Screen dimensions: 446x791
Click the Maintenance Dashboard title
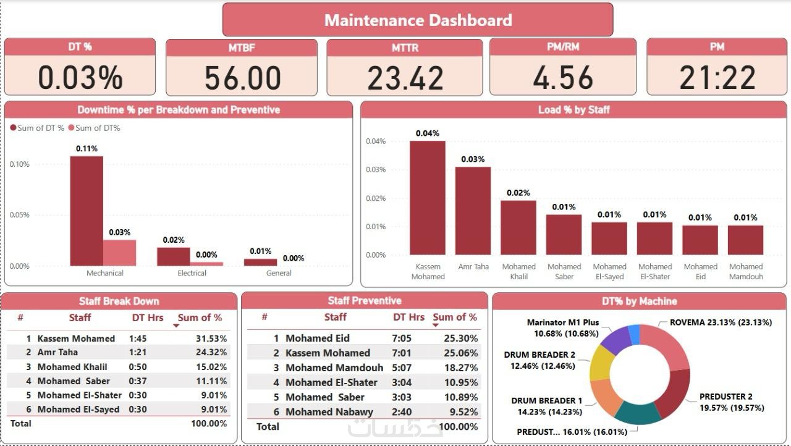point(418,20)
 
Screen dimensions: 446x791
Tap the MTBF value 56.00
point(243,78)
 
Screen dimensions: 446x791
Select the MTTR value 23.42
point(405,78)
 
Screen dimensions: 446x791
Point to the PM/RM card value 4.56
point(563,78)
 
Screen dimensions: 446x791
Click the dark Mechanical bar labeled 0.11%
point(87,210)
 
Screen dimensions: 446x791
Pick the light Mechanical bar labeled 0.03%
point(119,253)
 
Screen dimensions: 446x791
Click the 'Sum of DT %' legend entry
point(38,128)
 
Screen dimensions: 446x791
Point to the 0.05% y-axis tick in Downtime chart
point(19,215)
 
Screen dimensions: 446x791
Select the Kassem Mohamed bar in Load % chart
point(428,198)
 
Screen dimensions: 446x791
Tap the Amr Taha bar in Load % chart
point(473,210)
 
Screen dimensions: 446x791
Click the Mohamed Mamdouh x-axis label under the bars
point(746,272)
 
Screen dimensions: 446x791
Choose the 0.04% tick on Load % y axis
point(376,141)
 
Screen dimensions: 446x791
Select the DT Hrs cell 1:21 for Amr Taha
point(138,352)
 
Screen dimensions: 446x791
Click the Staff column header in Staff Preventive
point(336,317)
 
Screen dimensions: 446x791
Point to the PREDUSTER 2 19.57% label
point(732,402)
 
